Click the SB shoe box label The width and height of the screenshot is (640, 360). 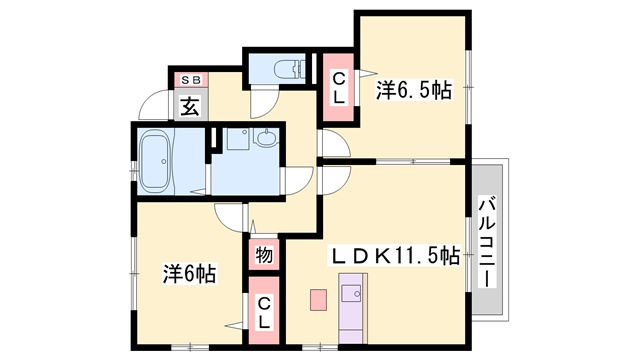(x=189, y=79)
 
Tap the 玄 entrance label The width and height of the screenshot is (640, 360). (x=190, y=103)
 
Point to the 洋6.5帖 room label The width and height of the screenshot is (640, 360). (x=413, y=91)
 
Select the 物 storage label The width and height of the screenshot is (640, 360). (x=263, y=255)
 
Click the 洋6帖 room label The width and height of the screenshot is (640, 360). (x=190, y=272)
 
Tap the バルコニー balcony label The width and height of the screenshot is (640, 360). (x=487, y=241)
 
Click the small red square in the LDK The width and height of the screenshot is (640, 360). (x=318, y=299)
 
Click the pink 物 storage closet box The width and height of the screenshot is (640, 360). (x=263, y=254)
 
